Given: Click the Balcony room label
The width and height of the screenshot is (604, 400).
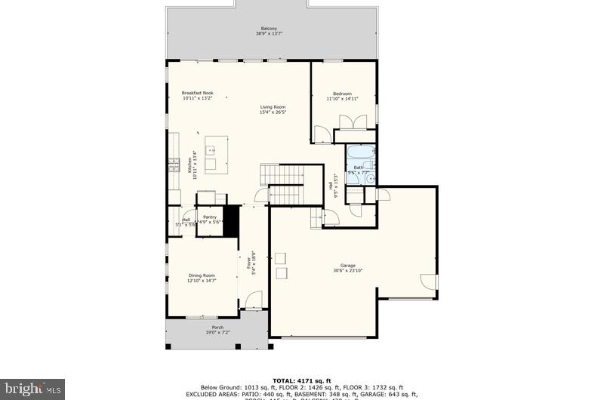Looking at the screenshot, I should click(270, 29).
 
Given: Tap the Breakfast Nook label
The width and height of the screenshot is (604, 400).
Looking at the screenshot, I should click(197, 94).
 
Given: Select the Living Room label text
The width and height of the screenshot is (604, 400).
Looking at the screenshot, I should click(273, 107).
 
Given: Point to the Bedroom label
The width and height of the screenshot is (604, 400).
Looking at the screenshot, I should click(342, 94).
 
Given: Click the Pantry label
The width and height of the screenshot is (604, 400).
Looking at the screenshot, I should click(209, 217).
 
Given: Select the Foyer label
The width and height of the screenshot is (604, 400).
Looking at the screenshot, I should click(248, 264).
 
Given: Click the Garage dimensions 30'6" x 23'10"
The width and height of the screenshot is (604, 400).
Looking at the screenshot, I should click(347, 270).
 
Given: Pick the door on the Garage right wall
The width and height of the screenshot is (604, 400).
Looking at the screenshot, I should click(429, 282).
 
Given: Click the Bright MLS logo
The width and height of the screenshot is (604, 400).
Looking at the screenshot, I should click(32, 389).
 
